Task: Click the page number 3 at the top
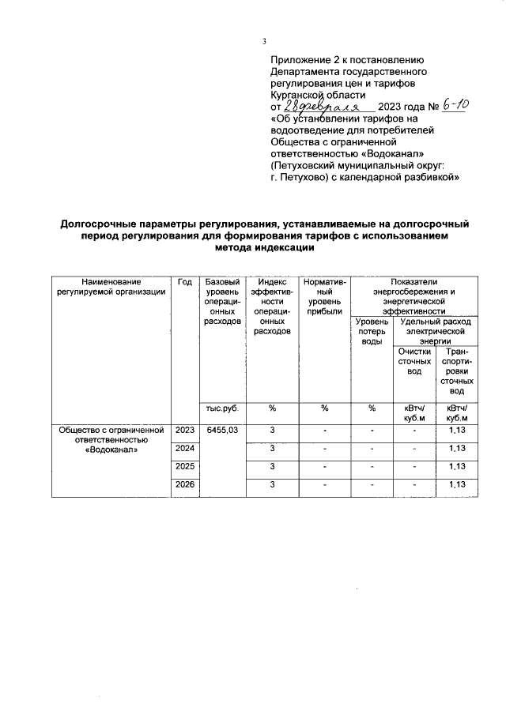pos(265,41)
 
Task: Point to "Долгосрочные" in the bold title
pos(101,224)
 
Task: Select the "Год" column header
pos(185,282)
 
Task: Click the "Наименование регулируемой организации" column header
pos(111,287)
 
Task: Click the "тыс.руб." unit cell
pos(222,408)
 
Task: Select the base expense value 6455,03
pos(222,430)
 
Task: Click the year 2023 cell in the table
pos(185,430)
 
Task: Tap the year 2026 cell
pos(185,484)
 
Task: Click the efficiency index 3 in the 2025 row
pos(271,466)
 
